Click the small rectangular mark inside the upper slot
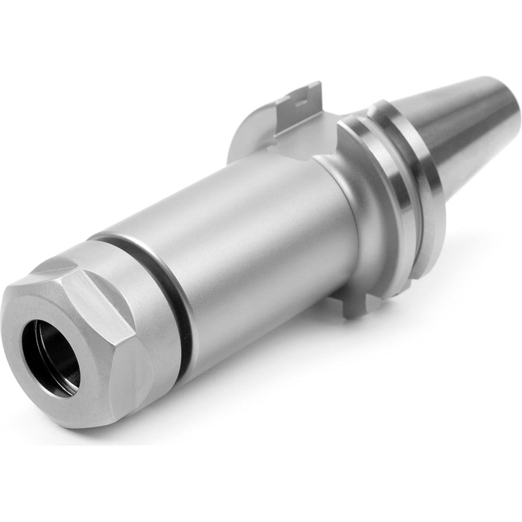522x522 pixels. click(x=302, y=104)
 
